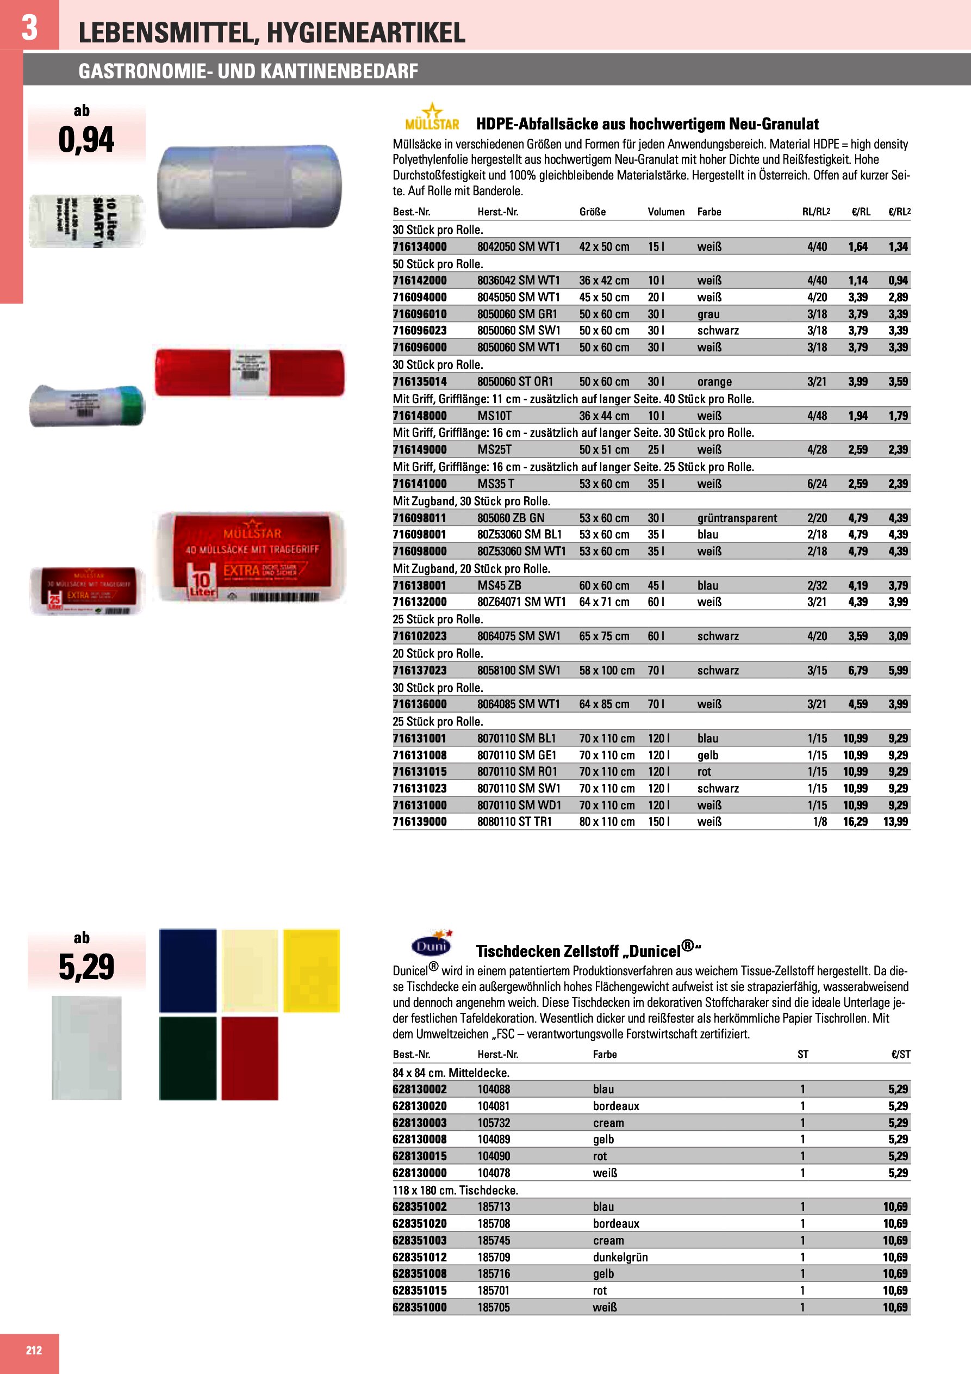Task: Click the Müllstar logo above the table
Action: (x=432, y=117)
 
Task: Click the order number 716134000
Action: (x=419, y=246)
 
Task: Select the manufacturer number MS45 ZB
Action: (x=499, y=585)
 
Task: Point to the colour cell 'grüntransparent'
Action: (x=737, y=518)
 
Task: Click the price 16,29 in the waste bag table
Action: (x=855, y=822)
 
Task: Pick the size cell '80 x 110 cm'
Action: (x=606, y=822)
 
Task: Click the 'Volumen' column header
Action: (x=666, y=212)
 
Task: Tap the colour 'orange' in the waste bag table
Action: (x=714, y=382)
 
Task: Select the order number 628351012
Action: (x=419, y=1257)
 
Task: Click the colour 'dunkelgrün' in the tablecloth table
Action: (x=620, y=1257)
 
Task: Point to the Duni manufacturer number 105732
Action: (x=494, y=1123)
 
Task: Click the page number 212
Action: (x=34, y=1350)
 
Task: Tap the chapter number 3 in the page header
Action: (x=29, y=27)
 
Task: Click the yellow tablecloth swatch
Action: (x=311, y=970)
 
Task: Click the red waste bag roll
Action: (x=250, y=372)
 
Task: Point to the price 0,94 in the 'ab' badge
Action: (x=86, y=140)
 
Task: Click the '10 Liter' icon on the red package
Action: (x=201, y=583)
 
